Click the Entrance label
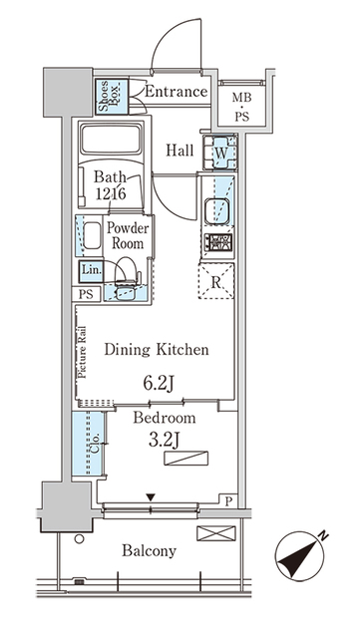tap(176, 93)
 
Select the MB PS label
tap(242, 105)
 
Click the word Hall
tap(180, 150)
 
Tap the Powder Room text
tap(129, 235)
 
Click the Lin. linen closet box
tap(91, 270)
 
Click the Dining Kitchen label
tap(157, 350)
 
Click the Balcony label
tap(150, 550)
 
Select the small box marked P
tap(229, 502)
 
